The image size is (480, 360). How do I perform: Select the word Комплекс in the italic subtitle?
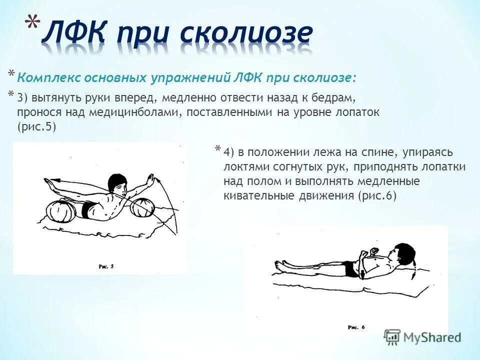(x=48, y=78)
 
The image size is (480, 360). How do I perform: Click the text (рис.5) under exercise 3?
(x=36, y=126)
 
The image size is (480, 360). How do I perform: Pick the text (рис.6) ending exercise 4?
(x=377, y=195)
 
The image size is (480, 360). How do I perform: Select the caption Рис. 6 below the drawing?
(x=356, y=327)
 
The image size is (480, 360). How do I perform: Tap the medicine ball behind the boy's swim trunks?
(x=62, y=211)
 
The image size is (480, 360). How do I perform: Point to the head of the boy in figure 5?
(x=118, y=184)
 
